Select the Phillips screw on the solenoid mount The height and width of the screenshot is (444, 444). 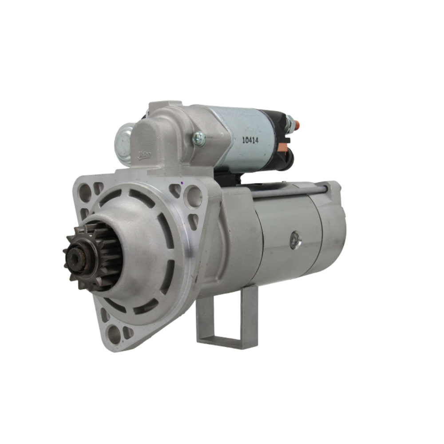199,139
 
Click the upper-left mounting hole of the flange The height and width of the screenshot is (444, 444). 85,192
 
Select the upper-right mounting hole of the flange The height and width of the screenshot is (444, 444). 193,195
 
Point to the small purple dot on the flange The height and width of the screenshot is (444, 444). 182,182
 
